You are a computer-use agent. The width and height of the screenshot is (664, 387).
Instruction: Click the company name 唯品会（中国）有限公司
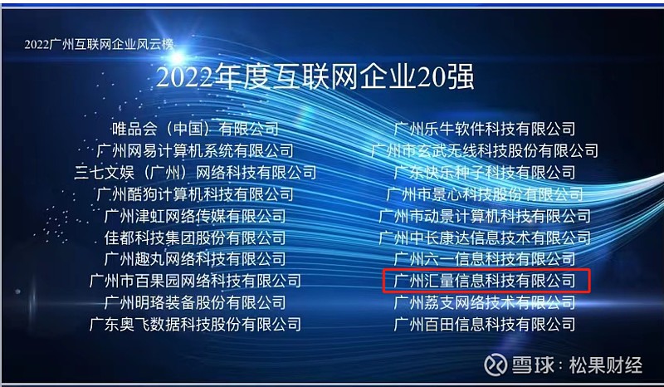[195, 129]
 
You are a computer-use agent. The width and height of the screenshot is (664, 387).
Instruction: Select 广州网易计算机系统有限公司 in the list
[195, 150]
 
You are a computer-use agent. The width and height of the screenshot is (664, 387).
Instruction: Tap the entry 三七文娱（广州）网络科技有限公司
[195, 173]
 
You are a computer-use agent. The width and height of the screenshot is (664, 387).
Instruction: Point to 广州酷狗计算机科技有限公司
[195, 194]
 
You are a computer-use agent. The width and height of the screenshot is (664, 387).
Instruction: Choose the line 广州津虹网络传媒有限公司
[195, 216]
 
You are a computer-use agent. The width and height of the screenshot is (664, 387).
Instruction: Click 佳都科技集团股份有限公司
[195, 238]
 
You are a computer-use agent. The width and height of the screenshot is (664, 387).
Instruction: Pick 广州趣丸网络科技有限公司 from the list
[195, 259]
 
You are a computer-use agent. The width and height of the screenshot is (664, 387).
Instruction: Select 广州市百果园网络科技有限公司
[195, 281]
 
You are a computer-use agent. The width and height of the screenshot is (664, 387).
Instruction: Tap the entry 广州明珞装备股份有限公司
[195, 302]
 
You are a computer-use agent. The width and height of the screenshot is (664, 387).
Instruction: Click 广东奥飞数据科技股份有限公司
[195, 324]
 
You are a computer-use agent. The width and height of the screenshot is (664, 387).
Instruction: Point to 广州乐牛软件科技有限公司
[485, 129]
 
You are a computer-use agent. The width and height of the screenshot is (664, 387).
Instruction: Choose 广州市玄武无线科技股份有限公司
[485, 150]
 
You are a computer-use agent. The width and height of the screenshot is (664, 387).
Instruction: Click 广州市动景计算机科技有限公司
[485, 216]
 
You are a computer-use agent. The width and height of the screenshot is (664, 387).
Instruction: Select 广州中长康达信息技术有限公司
[485, 238]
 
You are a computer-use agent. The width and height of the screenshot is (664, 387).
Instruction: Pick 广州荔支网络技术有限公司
[485, 302]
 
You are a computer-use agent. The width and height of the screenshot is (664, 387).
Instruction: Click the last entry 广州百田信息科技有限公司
[485, 324]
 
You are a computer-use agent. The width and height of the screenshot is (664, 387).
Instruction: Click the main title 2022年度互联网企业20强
[315, 76]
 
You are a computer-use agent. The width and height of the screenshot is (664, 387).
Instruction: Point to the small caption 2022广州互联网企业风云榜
[99, 44]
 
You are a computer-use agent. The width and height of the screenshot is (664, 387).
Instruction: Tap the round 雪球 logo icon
[496, 365]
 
